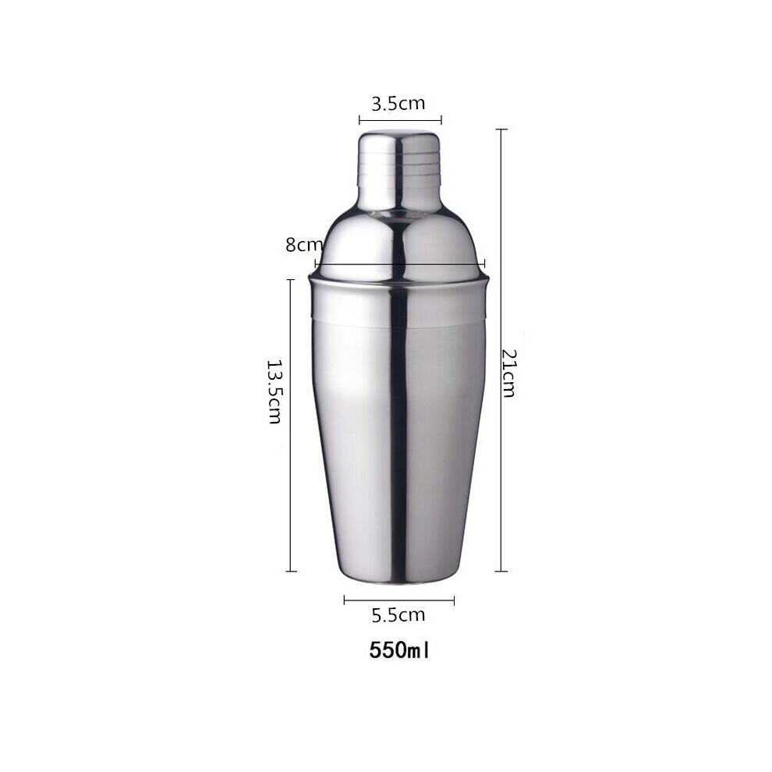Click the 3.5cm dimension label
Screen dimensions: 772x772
tap(398, 104)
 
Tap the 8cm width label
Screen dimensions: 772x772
tap(304, 245)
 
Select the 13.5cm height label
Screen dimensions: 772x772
tap(274, 391)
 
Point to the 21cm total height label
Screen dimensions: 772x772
tap(508, 373)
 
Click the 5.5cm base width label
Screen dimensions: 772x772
tap(398, 615)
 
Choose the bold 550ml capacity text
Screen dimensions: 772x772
tap(399, 650)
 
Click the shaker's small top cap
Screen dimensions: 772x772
tap(400, 168)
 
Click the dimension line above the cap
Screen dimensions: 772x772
tap(400, 119)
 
